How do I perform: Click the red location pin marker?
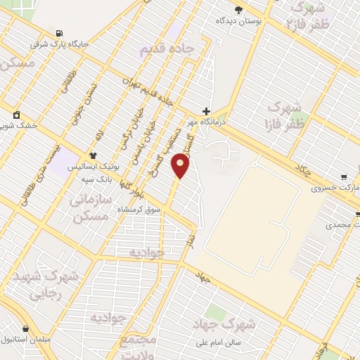tap(181, 165)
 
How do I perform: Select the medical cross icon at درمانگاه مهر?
tap(206, 111)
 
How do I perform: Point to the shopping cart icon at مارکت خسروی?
tap(343, 177)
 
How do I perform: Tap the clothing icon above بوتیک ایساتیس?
tap(92, 156)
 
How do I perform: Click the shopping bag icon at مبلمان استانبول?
tap(26, 328)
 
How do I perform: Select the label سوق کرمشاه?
tap(146, 210)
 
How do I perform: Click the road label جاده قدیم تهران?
tap(148, 91)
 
